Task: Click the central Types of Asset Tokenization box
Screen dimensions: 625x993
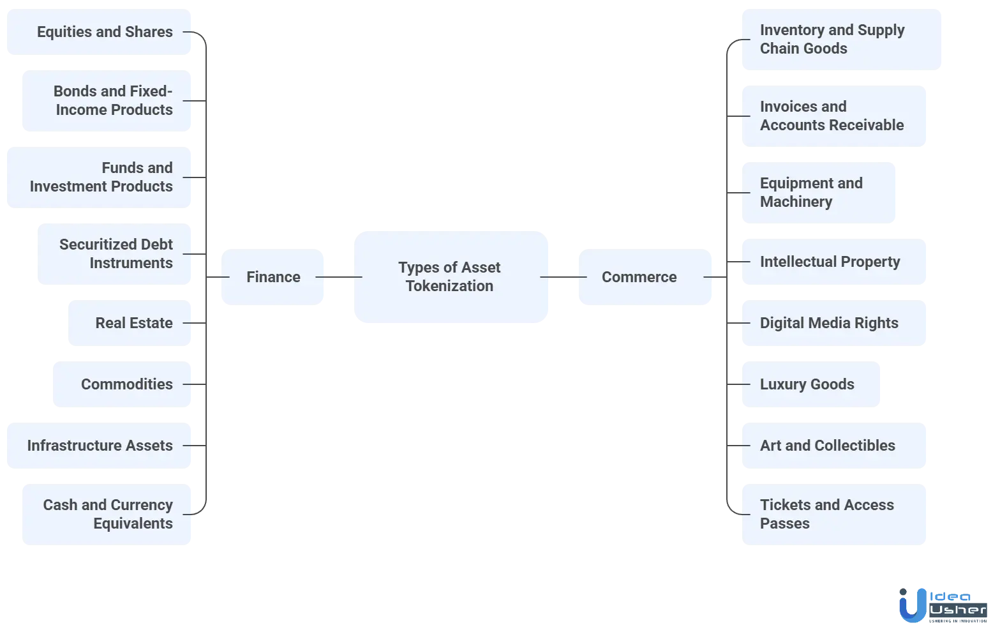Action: (x=451, y=277)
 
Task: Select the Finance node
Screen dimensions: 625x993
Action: (x=273, y=276)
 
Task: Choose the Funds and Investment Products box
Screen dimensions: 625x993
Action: (x=100, y=177)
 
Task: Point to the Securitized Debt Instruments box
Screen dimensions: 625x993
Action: (x=116, y=253)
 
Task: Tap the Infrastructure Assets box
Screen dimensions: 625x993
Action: (x=100, y=445)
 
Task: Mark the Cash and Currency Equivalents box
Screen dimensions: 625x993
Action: (x=108, y=514)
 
